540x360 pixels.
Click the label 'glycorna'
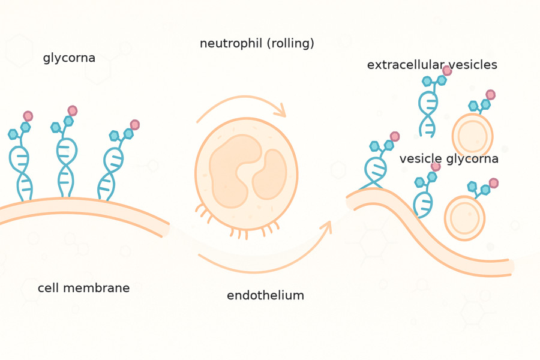pos(69,58)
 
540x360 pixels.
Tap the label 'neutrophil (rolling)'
pos(257,44)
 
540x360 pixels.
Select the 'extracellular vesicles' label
pos(432,65)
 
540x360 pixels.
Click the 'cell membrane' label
pos(83,289)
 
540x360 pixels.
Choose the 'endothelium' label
pos(265,296)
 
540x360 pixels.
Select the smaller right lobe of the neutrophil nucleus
pos(271,175)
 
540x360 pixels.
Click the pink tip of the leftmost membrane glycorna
pos(28,116)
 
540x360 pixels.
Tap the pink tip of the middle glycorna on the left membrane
pos(73,110)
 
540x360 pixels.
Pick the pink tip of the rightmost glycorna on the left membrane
pos(134,125)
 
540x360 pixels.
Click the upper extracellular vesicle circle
pos(473,136)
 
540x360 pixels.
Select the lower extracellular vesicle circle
pos(464,218)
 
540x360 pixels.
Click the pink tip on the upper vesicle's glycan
pos(490,95)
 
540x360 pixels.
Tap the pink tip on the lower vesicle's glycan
pos(493,183)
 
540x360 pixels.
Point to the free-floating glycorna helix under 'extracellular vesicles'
pos(428,111)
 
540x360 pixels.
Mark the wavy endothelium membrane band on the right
pos(432,240)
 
